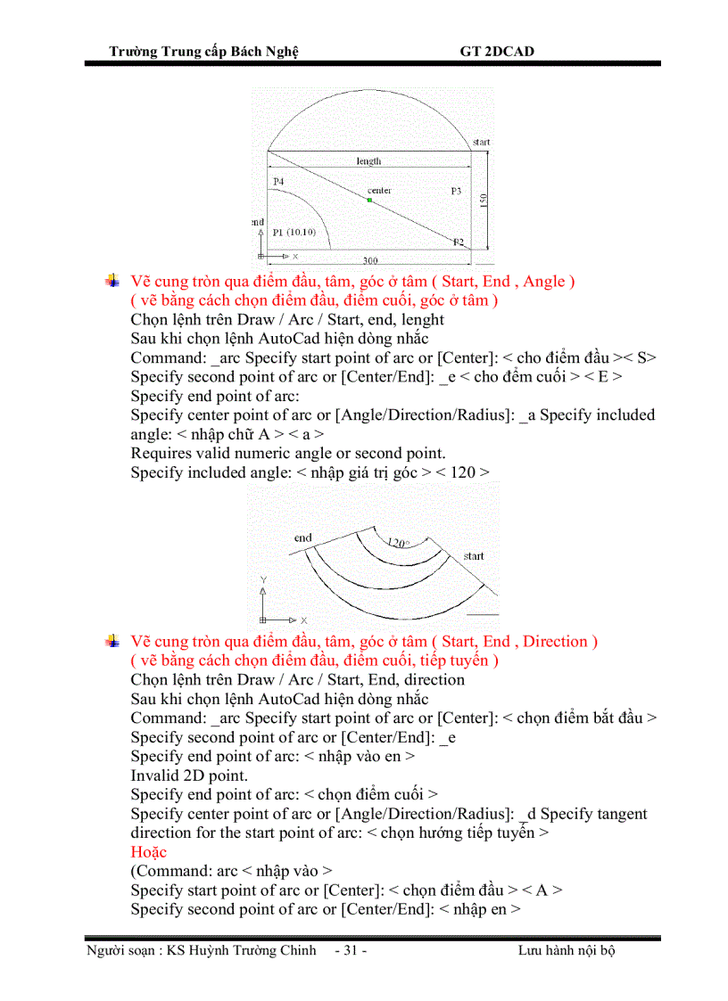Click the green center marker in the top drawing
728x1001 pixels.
369,200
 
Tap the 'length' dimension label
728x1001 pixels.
368,161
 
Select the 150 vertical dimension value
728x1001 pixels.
483,201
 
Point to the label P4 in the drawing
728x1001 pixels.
278,181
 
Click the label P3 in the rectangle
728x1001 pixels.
456,191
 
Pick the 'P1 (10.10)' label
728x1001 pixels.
294,232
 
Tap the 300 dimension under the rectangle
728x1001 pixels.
369,260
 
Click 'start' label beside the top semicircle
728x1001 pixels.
481,142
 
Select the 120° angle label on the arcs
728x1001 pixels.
398,542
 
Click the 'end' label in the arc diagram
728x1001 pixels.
303,537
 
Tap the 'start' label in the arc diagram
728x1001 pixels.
474,556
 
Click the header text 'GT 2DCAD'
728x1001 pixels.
497,52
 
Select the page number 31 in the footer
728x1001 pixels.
351,950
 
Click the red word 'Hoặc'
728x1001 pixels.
148,851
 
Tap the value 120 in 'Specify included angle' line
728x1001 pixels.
462,472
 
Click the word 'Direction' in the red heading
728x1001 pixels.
557,641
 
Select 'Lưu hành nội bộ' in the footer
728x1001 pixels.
567,950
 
